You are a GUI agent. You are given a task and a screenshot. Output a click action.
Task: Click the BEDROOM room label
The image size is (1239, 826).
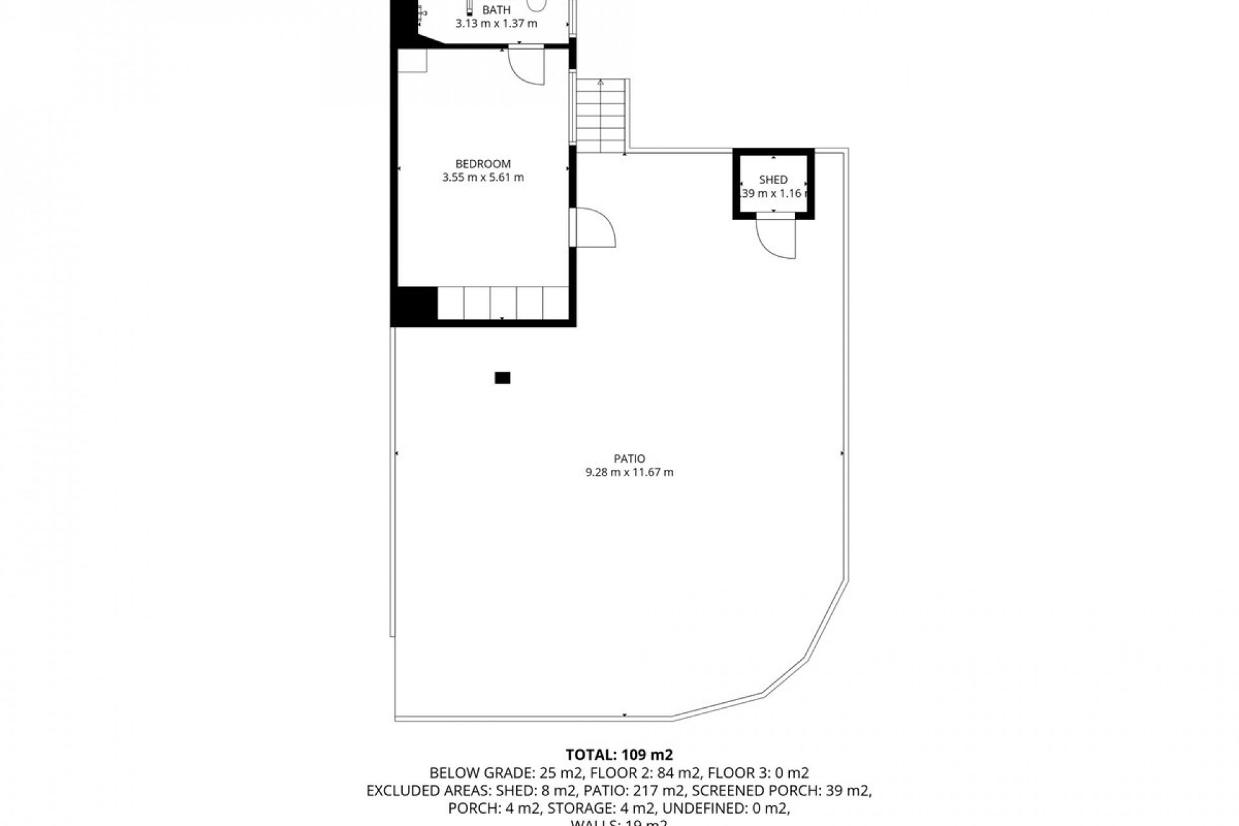(483, 164)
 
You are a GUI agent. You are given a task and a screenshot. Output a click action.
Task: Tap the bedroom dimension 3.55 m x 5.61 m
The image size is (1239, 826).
(483, 177)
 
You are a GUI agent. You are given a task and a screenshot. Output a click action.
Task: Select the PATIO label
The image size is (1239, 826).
(629, 459)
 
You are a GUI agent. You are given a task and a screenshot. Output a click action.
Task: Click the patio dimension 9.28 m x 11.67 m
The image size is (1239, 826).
(629, 472)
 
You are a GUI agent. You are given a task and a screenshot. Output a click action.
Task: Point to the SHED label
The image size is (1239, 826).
(773, 180)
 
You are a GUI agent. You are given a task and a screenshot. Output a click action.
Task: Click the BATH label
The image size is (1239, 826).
(496, 10)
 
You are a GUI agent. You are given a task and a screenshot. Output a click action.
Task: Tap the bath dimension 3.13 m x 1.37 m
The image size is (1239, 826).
(496, 24)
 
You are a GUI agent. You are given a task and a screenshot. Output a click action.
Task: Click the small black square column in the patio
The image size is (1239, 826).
(502, 378)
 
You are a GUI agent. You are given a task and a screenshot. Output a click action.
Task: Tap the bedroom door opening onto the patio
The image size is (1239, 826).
(595, 227)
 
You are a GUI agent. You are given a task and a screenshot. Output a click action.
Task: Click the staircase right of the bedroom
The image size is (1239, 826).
(601, 116)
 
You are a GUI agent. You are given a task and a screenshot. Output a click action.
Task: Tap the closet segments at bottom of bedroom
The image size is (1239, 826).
(503, 303)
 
